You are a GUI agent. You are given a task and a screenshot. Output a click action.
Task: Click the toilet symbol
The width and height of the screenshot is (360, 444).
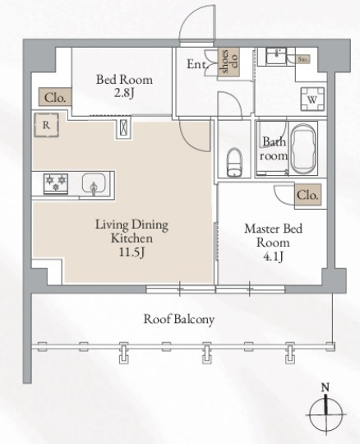233,162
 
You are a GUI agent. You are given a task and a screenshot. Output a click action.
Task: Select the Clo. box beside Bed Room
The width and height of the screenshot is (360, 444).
54,97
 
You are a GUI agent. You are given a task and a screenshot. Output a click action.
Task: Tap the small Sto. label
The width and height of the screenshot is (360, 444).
302,59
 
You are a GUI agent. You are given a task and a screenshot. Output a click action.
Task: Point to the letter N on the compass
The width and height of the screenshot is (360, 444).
326,387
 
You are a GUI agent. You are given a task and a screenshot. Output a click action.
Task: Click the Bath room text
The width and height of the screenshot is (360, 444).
274,147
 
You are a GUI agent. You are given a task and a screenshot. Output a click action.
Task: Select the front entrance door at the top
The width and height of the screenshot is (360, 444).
196,25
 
